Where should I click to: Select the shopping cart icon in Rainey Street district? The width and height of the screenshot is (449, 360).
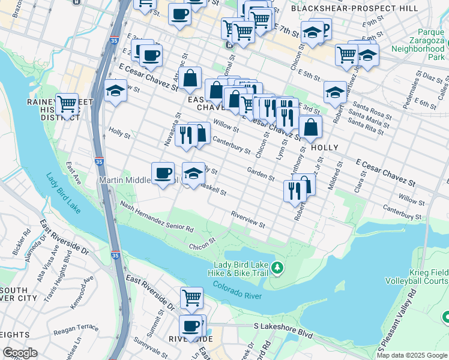(67, 104)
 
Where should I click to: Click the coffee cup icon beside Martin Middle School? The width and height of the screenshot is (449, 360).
(163, 173)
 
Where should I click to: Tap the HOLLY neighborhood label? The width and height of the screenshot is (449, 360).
(324, 148)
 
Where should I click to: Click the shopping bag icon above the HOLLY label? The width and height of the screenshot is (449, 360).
(310, 127)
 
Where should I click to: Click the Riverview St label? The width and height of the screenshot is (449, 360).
(248, 219)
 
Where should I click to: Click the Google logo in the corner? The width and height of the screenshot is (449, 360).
(20, 353)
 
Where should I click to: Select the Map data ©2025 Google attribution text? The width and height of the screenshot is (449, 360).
(411, 355)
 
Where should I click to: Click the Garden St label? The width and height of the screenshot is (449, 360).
(261, 174)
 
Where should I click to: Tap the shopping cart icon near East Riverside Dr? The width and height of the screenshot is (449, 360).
(191, 298)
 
